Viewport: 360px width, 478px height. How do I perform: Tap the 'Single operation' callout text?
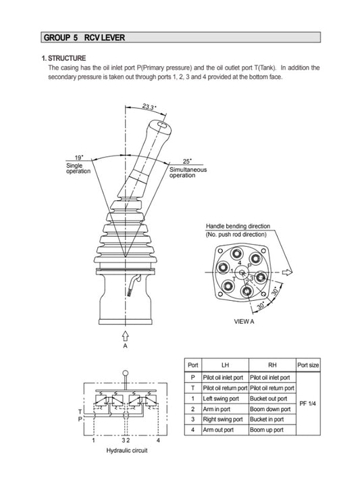click(x=78, y=168)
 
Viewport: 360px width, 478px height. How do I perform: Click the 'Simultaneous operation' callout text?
click(x=188, y=172)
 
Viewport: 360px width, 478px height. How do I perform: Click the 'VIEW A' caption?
click(x=244, y=322)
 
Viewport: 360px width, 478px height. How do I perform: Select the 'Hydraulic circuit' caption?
click(x=128, y=450)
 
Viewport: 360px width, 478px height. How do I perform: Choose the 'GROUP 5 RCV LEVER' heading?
click(x=83, y=37)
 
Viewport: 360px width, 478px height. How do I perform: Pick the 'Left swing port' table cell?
click(x=221, y=399)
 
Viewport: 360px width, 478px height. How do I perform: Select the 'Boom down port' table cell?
click(x=271, y=409)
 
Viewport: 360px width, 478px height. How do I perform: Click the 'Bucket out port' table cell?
click(x=270, y=399)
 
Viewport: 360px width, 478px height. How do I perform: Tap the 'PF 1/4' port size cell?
click(x=308, y=404)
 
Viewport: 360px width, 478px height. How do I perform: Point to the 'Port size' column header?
click(x=308, y=365)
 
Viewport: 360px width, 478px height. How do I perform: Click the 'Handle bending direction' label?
click(x=238, y=226)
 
